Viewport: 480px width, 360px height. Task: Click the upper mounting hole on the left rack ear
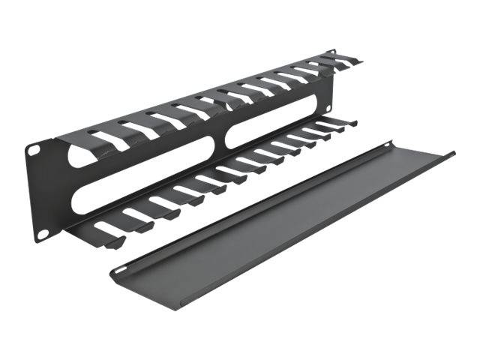click(x=33, y=151)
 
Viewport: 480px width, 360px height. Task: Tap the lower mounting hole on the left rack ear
click(x=43, y=234)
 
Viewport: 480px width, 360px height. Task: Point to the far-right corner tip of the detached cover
click(x=453, y=155)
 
